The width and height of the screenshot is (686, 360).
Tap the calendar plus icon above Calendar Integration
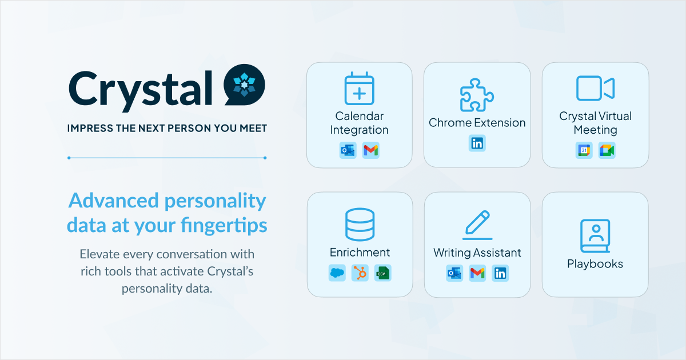click(x=359, y=90)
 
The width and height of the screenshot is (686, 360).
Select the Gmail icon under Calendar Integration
click(x=371, y=151)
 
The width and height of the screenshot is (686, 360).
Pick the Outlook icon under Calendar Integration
click(x=348, y=151)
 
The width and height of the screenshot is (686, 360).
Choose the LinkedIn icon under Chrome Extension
click(x=477, y=143)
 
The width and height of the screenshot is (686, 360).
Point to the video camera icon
click(x=595, y=89)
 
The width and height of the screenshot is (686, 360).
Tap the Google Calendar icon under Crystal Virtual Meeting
click(x=584, y=151)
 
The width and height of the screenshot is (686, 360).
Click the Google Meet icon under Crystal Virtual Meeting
click(x=607, y=151)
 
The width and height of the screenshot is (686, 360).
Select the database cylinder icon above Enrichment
click(x=360, y=225)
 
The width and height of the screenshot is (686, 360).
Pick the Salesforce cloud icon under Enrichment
click(x=337, y=273)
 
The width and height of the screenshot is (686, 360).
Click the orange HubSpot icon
click(x=360, y=273)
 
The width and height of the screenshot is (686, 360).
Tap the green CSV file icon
click(x=383, y=273)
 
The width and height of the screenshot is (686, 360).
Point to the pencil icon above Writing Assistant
click(x=477, y=225)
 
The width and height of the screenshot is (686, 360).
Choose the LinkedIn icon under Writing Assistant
click(x=500, y=273)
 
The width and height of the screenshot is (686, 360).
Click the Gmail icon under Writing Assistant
click(x=477, y=273)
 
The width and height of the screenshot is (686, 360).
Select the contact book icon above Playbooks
click(x=595, y=236)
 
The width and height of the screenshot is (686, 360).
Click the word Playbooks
click(x=595, y=264)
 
